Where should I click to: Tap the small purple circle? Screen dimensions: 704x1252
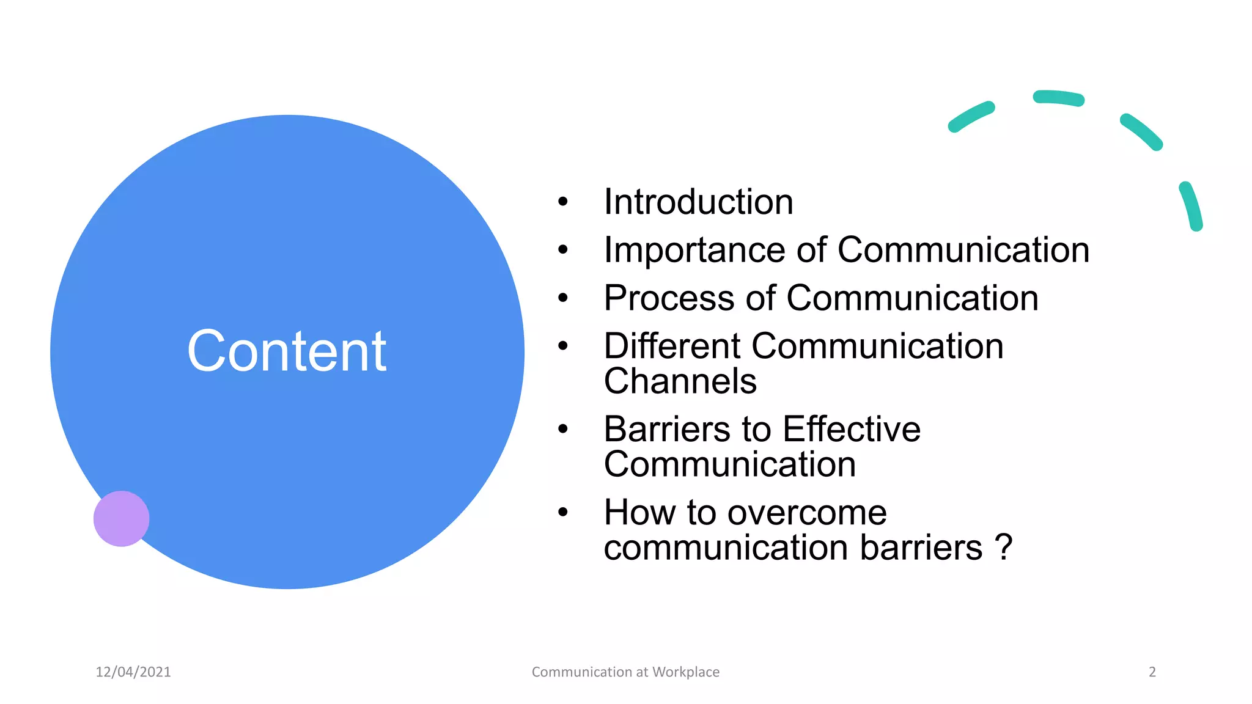121,518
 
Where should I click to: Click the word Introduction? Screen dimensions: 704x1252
698,202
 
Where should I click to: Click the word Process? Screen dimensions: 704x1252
668,298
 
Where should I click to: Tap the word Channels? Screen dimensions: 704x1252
680,381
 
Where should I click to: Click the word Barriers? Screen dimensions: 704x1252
666,429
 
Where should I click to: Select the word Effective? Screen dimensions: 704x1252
851,429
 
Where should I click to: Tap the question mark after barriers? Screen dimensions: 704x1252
1003,547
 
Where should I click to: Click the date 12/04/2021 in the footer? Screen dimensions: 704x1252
133,672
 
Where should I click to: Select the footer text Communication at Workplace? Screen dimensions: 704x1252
625,672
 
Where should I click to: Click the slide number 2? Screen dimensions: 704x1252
1152,672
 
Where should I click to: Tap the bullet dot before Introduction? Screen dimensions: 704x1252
563,201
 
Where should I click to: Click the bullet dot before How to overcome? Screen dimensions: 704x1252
563,512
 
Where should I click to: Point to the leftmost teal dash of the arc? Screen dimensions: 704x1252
971,117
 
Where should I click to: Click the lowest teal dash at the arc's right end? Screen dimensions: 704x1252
1191,206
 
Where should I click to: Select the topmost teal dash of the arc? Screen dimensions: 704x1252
1058,98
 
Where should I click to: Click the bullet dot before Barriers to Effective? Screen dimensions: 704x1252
563,428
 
